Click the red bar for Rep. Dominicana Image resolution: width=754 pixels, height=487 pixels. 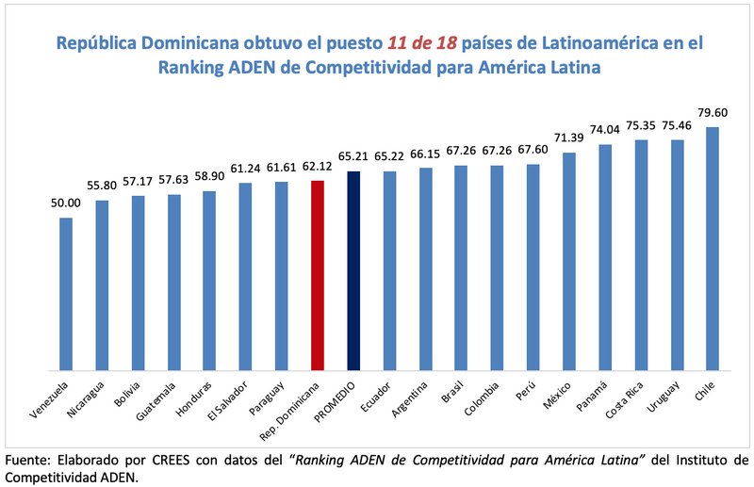pyautogui.click(x=318, y=275)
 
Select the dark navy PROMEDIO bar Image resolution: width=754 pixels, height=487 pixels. pyautogui.click(x=353, y=270)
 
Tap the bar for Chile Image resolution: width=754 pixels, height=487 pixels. pyautogui.click(x=713, y=249)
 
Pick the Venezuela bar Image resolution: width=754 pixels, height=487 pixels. pyautogui.click(x=66, y=294)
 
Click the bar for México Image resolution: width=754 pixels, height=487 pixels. pyautogui.click(x=569, y=261)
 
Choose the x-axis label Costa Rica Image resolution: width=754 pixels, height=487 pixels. pyautogui.click(x=628, y=401)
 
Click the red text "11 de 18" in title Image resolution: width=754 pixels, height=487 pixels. pyautogui.click(x=423, y=43)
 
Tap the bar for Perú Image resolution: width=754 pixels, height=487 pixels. pyautogui.click(x=533, y=268)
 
